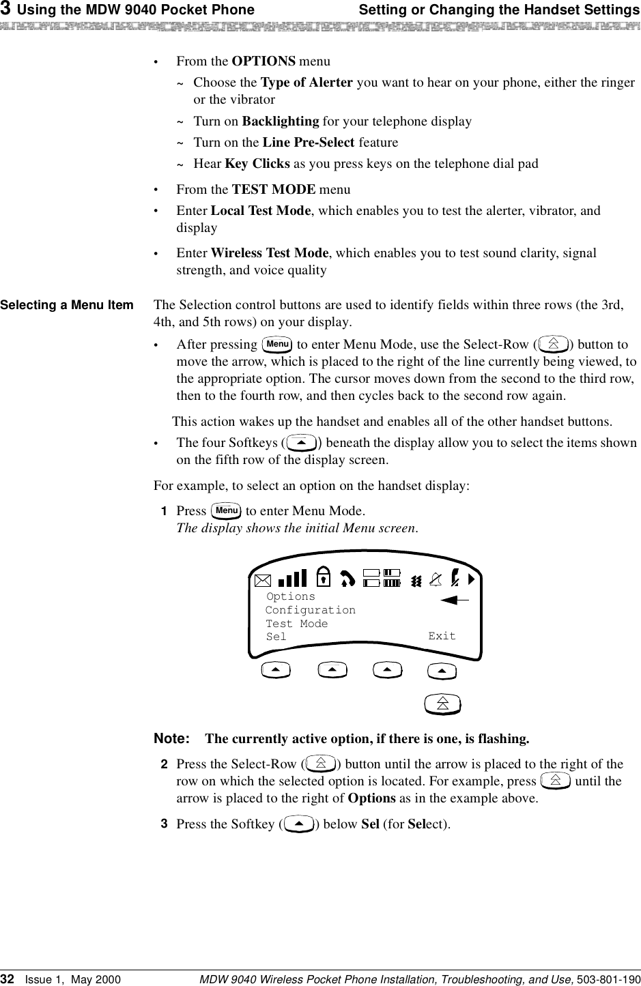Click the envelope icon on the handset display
(x=262, y=581)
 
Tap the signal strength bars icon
(x=292, y=579)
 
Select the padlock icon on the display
(x=325, y=577)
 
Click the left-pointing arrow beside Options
(x=455, y=600)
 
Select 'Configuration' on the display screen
(x=311, y=610)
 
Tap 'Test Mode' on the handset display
(x=297, y=624)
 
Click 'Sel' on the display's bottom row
(x=276, y=637)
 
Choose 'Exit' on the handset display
(x=442, y=636)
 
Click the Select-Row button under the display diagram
(x=442, y=704)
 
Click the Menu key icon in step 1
(x=225, y=510)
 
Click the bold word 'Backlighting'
(x=281, y=121)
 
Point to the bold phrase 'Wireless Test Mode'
(x=270, y=253)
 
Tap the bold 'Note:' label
(x=171, y=739)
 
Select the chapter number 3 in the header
(x=5, y=10)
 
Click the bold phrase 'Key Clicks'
(x=257, y=164)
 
